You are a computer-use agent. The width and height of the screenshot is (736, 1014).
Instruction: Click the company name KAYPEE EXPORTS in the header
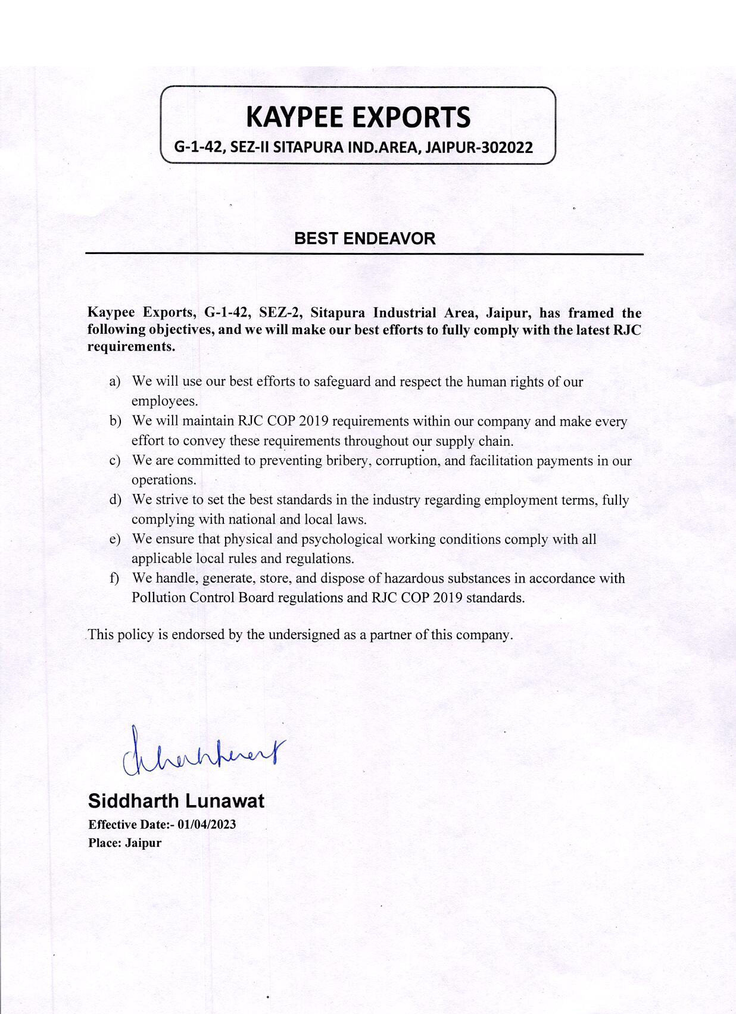358,117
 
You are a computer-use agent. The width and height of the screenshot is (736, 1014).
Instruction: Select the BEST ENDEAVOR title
364,239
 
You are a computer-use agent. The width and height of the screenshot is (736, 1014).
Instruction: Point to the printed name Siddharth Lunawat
176,801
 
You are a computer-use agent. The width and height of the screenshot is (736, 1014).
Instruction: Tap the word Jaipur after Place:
143,843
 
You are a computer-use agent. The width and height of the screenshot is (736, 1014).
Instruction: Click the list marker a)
115,381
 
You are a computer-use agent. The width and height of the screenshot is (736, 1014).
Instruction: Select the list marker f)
114,578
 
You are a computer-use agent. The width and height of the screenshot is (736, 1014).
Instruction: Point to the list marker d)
115,499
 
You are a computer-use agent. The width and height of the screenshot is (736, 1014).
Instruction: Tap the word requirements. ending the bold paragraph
131,346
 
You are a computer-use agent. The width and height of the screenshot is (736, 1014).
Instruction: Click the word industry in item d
389,499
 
